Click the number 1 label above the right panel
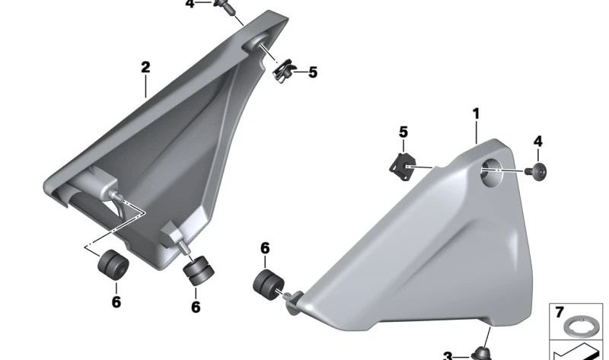(x=476, y=114)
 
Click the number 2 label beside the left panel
(x=145, y=68)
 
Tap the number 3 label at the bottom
(x=448, y=355)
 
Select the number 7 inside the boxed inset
(x=560, y=313)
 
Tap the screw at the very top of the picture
(x=223, y=6)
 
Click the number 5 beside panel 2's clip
(x=312, y=73)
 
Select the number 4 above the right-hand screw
(x=537, y=142)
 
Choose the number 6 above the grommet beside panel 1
(x=265, y=248)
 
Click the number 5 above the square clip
(x=403, y=132)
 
